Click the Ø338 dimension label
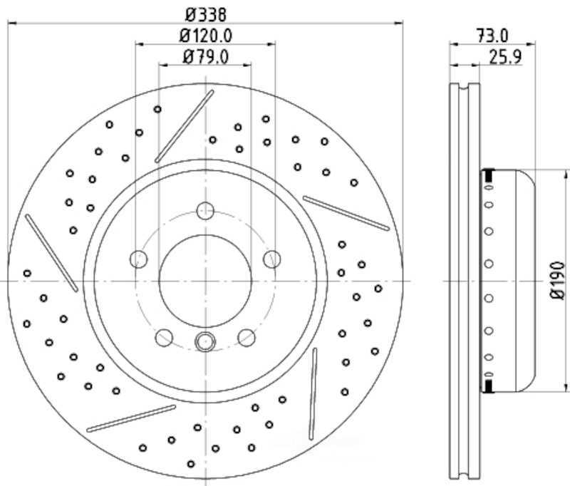coord(206,15)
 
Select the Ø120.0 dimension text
coord(206,36)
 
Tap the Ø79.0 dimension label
coord(206,57)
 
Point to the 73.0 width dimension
coord(492,36)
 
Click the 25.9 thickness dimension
coord(505,57)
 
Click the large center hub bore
coord(205,281)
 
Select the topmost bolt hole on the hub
coord(205,211)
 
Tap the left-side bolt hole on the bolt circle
coord(139,259)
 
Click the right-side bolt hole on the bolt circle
coord(272,259)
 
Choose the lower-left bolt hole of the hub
coord(164,338)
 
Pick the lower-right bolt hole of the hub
coord(247,338)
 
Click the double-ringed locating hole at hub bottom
coord(205,341)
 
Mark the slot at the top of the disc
coord(185,127)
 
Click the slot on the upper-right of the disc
coord(346,213)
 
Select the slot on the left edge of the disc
coord(51,253)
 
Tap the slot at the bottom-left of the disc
coord(131,418)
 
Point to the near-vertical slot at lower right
coord(313,394)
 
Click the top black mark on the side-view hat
coord(489,175)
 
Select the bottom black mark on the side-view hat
coord(489,386)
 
